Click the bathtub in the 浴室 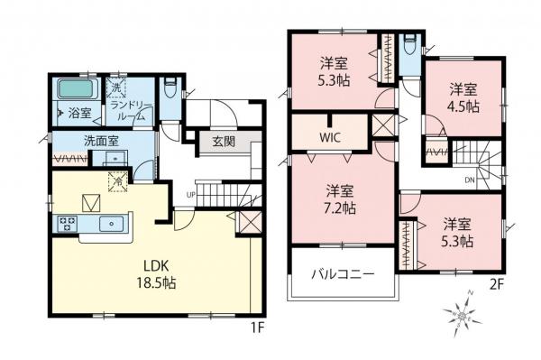77,90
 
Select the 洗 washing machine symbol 115,87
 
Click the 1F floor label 260,325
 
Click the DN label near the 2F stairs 470,179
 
